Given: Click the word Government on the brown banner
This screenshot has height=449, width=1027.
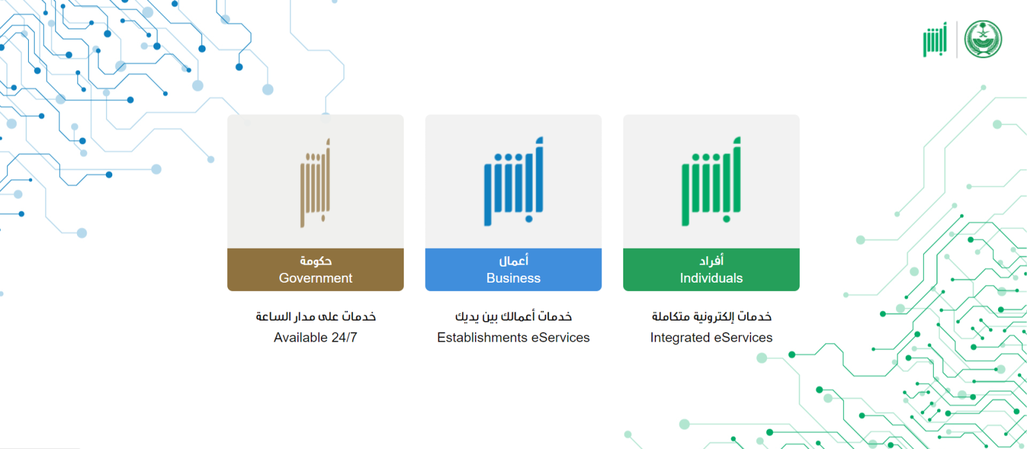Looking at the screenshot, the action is coord(315,278).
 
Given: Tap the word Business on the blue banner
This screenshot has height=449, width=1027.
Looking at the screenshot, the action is coord(513,278).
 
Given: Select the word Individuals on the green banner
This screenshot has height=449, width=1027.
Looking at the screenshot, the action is coord(711,278).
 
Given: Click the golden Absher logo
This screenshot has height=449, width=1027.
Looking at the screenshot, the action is coord(315,183).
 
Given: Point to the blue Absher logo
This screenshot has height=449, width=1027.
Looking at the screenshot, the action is coord(513,181).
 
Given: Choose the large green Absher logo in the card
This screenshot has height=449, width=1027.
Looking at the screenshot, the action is coord(711,181).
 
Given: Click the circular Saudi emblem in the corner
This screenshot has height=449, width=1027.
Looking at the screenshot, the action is coord(983,39).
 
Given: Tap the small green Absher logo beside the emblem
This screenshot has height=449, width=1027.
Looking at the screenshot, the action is coord(935,39).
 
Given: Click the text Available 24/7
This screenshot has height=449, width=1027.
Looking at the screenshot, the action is coord(315,337).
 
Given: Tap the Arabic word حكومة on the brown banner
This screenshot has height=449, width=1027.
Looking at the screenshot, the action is coord(315,261).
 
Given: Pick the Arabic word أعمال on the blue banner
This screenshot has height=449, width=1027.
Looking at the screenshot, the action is coord(513,261).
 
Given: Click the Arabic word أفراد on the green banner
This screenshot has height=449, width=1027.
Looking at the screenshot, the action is coord(711,261).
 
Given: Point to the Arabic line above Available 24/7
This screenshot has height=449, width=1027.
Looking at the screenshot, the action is coord(315,317).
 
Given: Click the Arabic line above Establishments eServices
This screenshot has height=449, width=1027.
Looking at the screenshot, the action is coord(513,317).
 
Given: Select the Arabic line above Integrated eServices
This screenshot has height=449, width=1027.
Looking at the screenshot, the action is coord(712,317).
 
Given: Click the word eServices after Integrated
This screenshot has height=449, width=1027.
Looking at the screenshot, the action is coord(743,337).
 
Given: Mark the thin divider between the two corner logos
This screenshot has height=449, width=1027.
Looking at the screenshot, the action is coord(957,39).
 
